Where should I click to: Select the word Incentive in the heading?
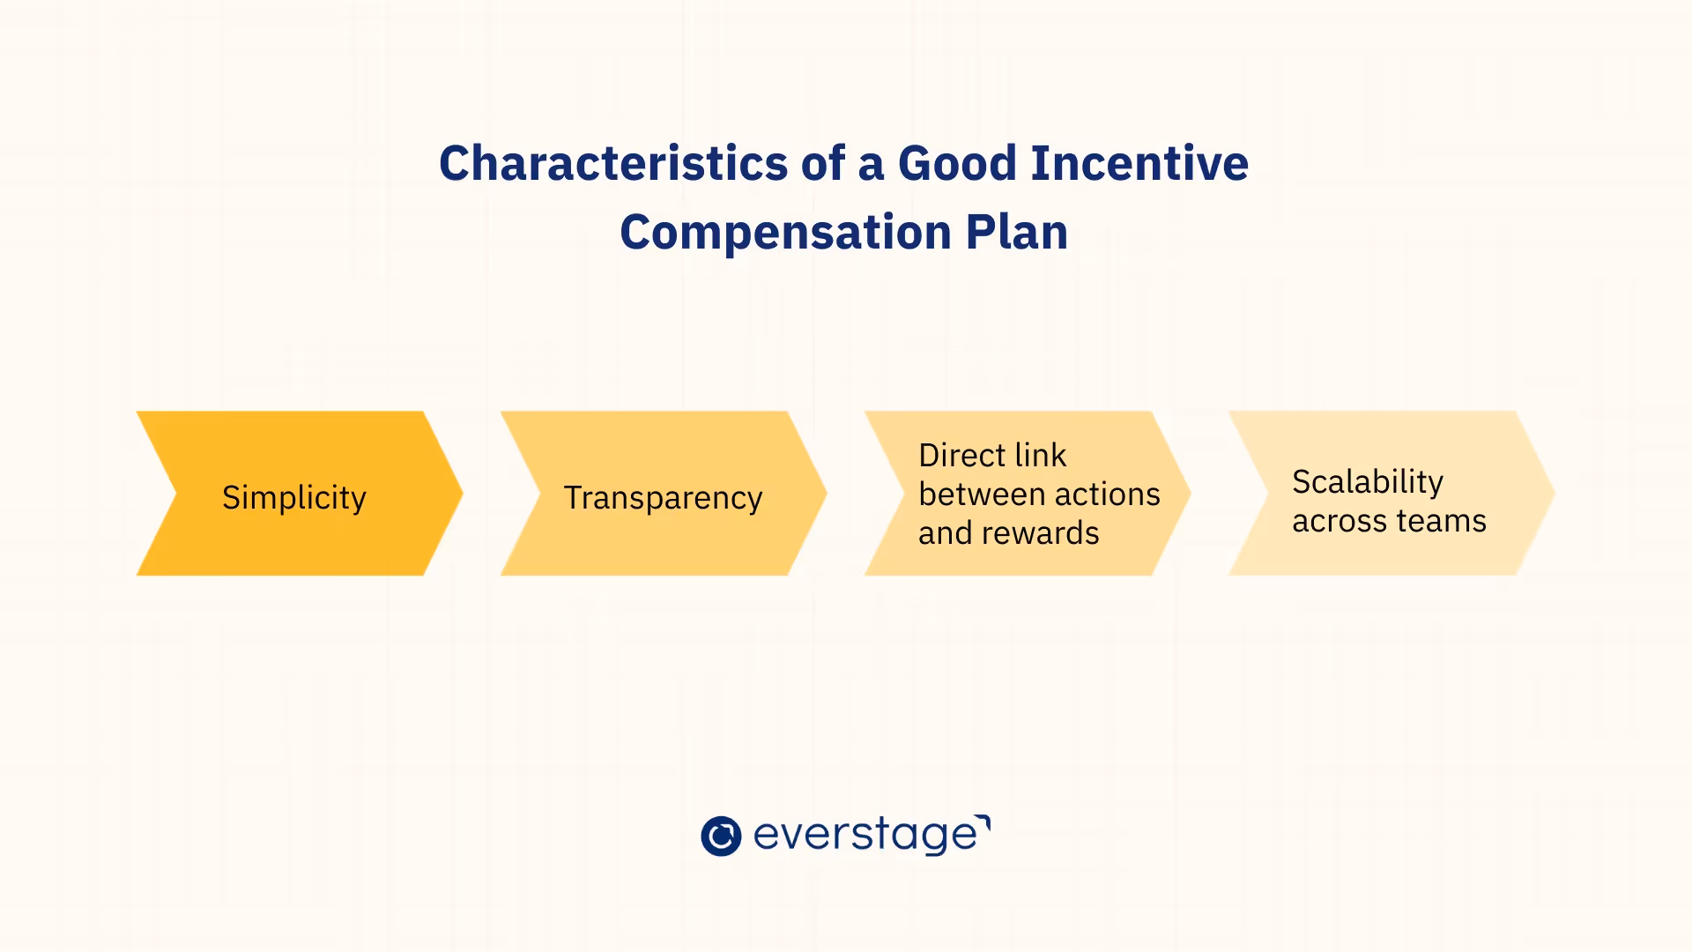point(1139,164)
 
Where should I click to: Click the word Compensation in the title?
point(785,233)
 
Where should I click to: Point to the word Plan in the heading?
point(1016,233)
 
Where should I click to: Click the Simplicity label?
point(293,498)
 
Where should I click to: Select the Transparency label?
point(663,499)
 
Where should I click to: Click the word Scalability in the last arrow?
point(1368,482)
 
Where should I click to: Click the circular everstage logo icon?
point(721,836)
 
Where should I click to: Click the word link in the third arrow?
point(1041,456)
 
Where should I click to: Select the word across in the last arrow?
point(1339,521)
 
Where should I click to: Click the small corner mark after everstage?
point(984,821)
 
